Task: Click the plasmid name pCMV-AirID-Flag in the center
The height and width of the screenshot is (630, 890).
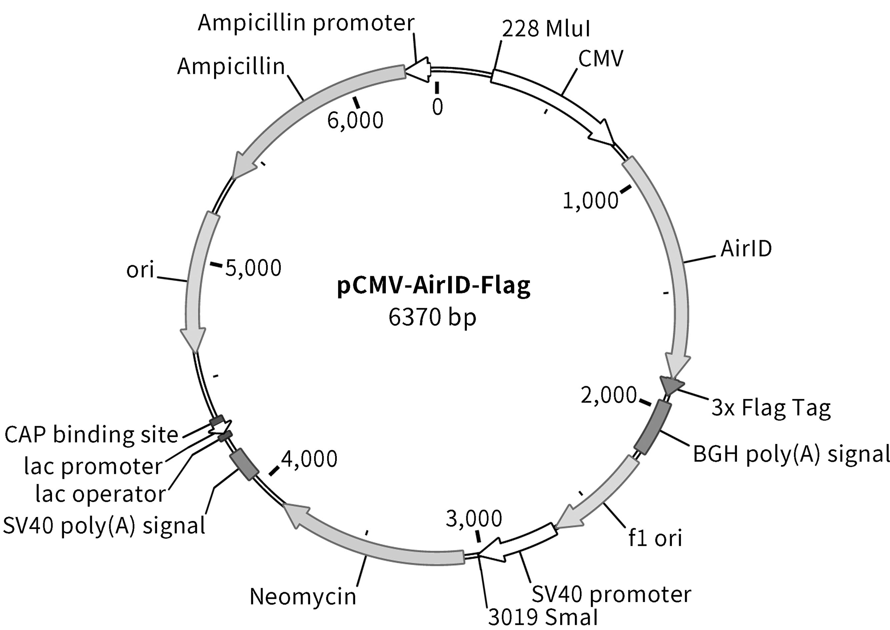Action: point(433,286)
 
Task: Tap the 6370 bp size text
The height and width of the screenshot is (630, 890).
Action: point(432,318)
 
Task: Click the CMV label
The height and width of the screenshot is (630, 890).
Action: point(601,58)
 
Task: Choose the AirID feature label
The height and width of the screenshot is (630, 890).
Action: point(746,249)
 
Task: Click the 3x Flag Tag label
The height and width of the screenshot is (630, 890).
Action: point(771,408)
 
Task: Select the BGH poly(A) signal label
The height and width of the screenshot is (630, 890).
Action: point(791,455)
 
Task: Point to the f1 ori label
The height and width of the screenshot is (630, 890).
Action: point(655,537)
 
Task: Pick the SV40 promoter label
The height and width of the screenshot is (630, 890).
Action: point(611,594)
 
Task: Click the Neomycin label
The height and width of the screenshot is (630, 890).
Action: point(303,596)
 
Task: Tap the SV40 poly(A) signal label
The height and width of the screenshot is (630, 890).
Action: point(104,525)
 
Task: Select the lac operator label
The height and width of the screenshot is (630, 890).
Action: point(101,494)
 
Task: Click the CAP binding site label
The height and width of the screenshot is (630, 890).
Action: point(91,435)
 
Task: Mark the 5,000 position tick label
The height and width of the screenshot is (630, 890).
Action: point(253,268)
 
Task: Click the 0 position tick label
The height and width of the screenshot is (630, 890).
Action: point(437,107)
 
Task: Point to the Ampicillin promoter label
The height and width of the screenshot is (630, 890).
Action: point(306,23)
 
